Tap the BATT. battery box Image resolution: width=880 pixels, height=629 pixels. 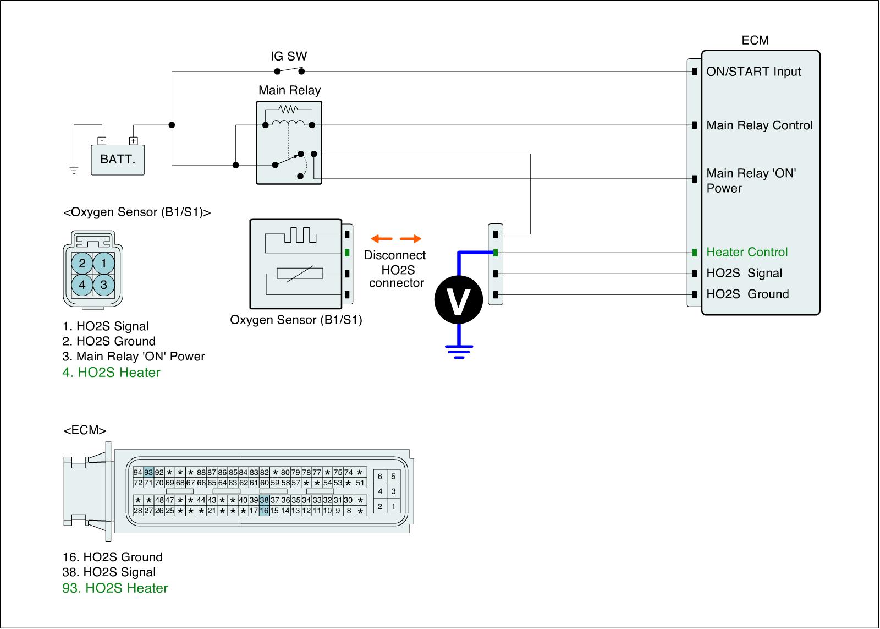point(118,160)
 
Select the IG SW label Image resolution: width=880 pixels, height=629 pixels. point(289,56)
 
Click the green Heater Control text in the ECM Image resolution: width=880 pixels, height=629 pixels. point(747,252)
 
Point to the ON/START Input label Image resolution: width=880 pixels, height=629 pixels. point(754,72)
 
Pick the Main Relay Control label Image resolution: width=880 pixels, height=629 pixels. point(759,125)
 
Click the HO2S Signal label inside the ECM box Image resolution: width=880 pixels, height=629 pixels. point(744,274)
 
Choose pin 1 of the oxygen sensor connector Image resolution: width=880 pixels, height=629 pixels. point(104,263)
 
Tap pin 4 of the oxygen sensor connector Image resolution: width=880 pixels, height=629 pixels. point(82,285)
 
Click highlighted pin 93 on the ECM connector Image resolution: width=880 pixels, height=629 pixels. point(148,472)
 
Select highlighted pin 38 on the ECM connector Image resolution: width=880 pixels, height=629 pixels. point(265,500)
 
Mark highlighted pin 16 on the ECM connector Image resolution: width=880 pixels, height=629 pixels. point(265,511)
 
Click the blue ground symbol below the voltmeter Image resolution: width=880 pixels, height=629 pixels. point(459,351)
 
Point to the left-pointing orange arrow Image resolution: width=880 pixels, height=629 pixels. point(382,239)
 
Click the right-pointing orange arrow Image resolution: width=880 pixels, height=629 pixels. point(410,239)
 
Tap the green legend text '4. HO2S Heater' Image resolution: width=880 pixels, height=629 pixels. point(111,373)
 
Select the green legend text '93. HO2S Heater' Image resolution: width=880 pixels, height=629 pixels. point(115,588)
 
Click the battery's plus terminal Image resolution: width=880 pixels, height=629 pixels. point(133,140)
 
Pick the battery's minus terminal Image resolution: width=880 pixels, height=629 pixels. point(101,140)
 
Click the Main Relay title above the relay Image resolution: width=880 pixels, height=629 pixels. point(289,90)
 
